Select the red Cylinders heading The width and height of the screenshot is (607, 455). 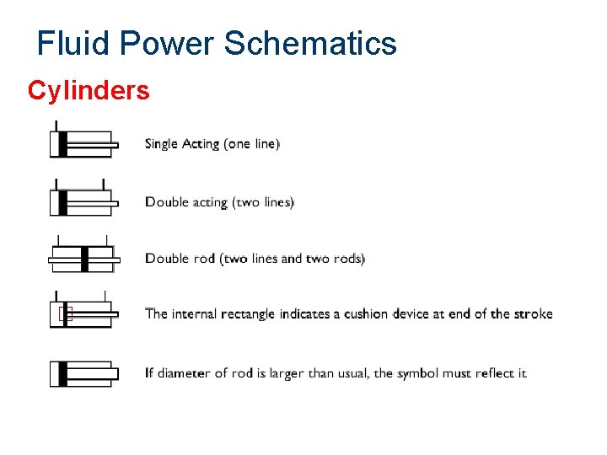(x=89, y=90)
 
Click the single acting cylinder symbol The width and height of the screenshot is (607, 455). (x=82, y=144)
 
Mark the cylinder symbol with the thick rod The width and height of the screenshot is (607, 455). (x=82, y=373)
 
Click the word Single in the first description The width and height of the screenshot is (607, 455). (x=161, y=144)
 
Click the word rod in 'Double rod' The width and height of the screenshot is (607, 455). (x=204, y=259)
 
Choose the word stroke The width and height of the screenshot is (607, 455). (x=533, y=314)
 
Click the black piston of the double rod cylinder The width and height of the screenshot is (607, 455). (x=84, y=259)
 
